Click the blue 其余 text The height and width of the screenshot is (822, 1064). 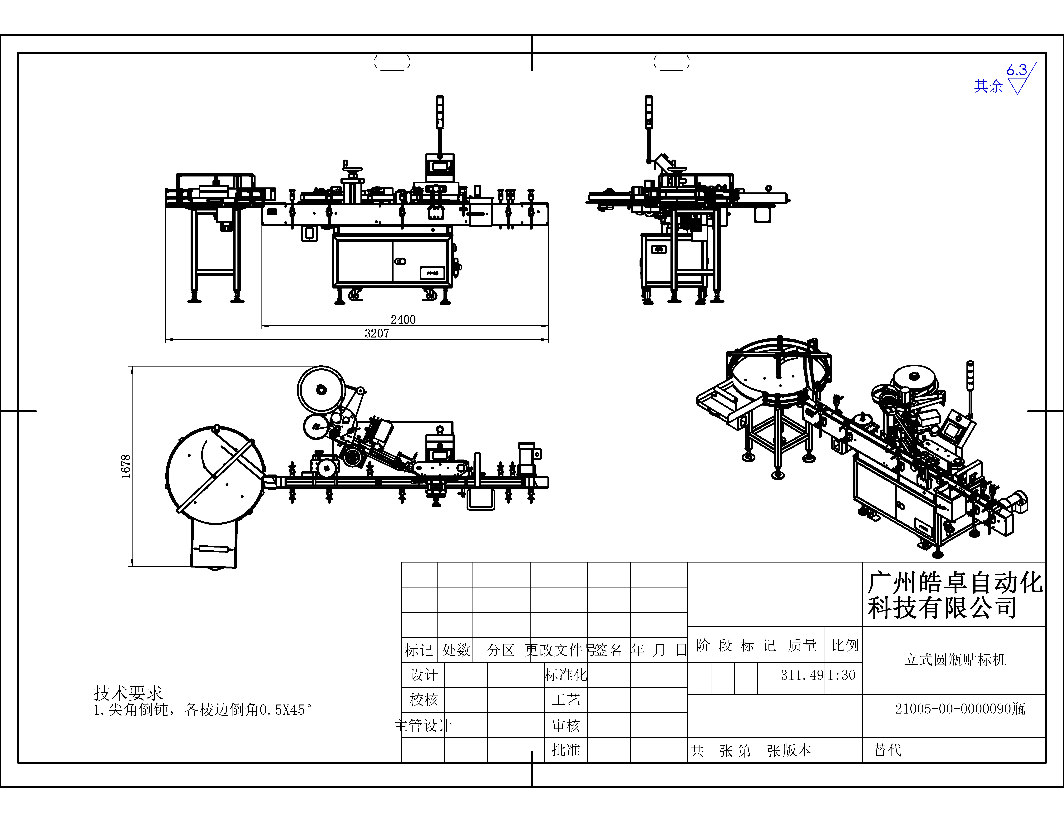[x=989, y=86]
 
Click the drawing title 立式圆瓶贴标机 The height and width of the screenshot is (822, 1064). [x=955, y=660]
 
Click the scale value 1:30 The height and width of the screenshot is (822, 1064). [x=842, y=675]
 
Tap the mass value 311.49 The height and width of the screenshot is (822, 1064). [x=802, y=675]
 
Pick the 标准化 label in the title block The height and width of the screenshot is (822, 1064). [x=566, y=675]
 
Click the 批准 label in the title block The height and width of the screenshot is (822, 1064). [x=566, y=750]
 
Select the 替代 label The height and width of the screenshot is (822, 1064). [x=888, y=750]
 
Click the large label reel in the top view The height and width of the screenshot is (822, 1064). [x=322, y=390]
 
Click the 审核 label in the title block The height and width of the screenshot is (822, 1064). [x=566, y=726]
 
